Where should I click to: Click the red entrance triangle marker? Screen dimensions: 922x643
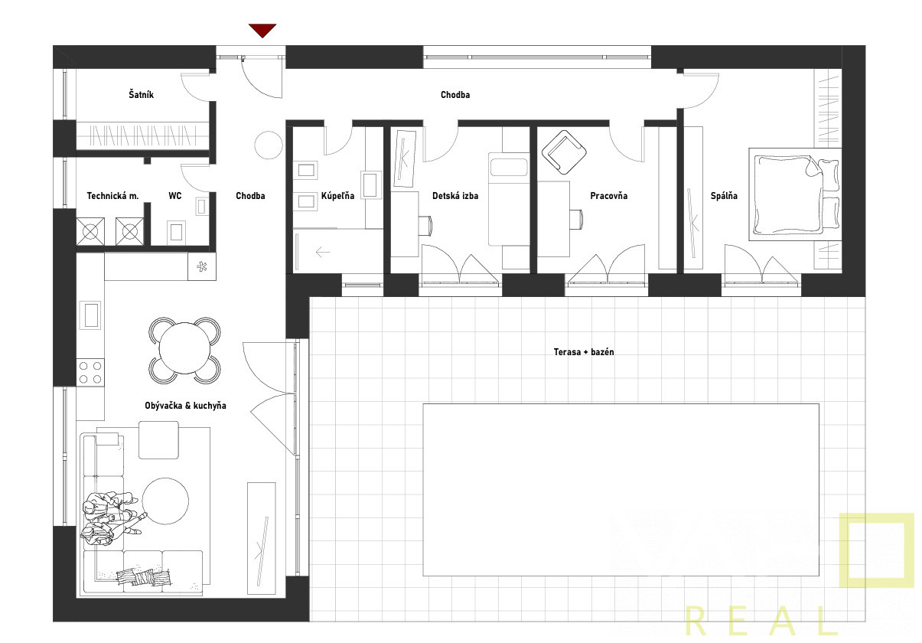[x=262, y=30]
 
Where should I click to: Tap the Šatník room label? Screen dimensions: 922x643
[x=142, y=94]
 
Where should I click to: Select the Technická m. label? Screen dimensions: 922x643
[x=112, y=196]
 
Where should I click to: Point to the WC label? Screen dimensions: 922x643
[x=175, y=196]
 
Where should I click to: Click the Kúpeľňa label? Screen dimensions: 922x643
[x=337, y=195]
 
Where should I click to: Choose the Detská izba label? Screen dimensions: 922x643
[x=455, y=196]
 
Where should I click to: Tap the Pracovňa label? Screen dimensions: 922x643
[x=609, y=196]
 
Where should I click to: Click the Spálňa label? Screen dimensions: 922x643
[x=724, y=196]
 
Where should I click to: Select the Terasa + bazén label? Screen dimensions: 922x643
[x=584, y=352]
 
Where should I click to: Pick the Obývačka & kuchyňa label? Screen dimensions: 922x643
[x=185, y=406]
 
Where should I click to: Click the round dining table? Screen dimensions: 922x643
[x=184, y=348]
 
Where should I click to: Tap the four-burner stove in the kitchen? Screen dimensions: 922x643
[x=90, y=372]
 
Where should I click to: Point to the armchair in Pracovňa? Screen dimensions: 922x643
[x=564, y=152]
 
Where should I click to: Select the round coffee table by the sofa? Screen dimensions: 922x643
[x=165, y=501]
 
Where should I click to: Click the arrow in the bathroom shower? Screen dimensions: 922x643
[x=323, y=252]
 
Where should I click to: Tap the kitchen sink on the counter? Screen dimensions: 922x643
[x=90, y=315]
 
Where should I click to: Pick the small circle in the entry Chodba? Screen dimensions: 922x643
[x=269, y=145]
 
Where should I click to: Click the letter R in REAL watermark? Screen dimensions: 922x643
[x=696, y=621]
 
